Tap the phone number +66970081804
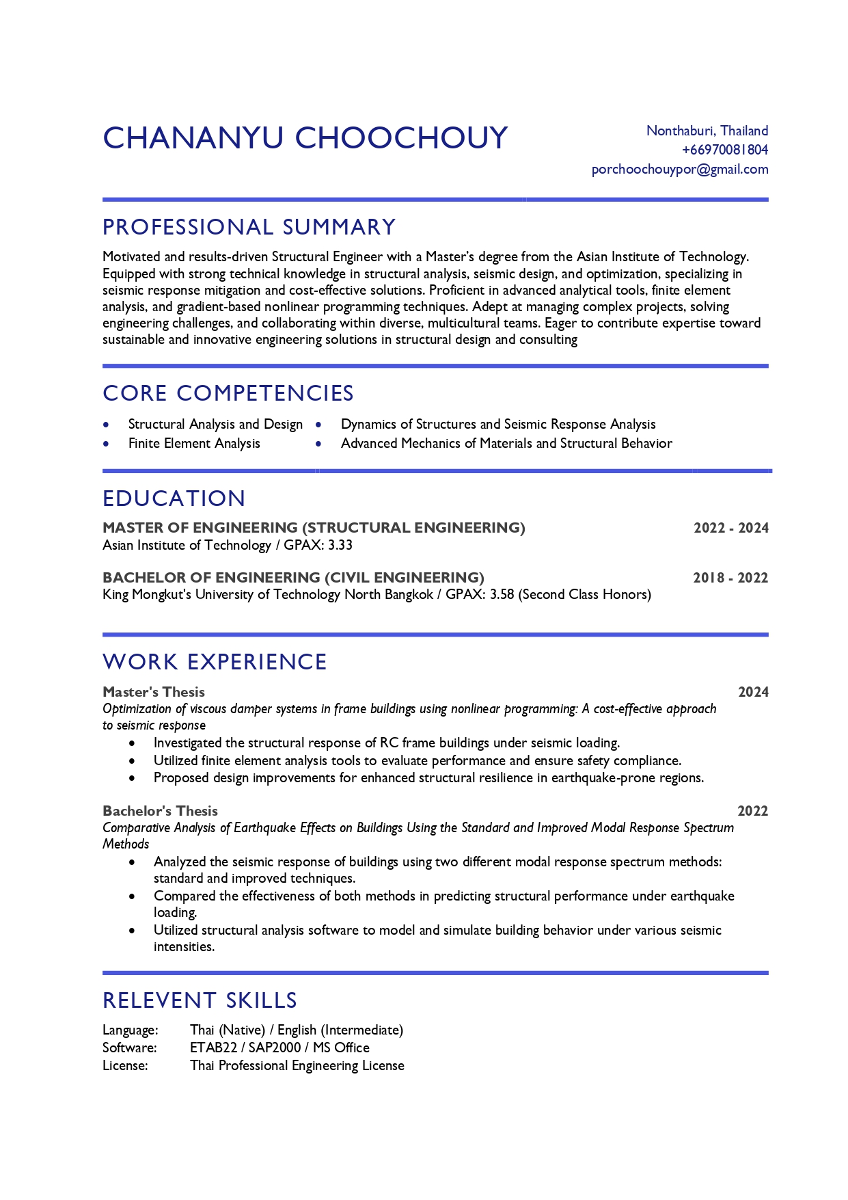click(724, 150)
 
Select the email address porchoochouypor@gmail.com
click(679, 169)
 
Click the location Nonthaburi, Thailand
click(707, 131)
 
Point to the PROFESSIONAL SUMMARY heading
click(249, 227)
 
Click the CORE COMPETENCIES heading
click(228, 393)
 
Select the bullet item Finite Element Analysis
click(194, 443)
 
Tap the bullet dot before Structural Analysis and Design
click(106, 425)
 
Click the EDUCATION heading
click(174, 498)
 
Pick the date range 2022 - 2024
click(730, 528)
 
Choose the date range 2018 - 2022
click(730, 578)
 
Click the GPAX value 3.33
click(340, 545)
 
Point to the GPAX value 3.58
click(502, 594)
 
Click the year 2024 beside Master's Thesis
click(753, 692)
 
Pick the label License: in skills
click(125, 1065)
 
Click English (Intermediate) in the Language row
click(340, 1030)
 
